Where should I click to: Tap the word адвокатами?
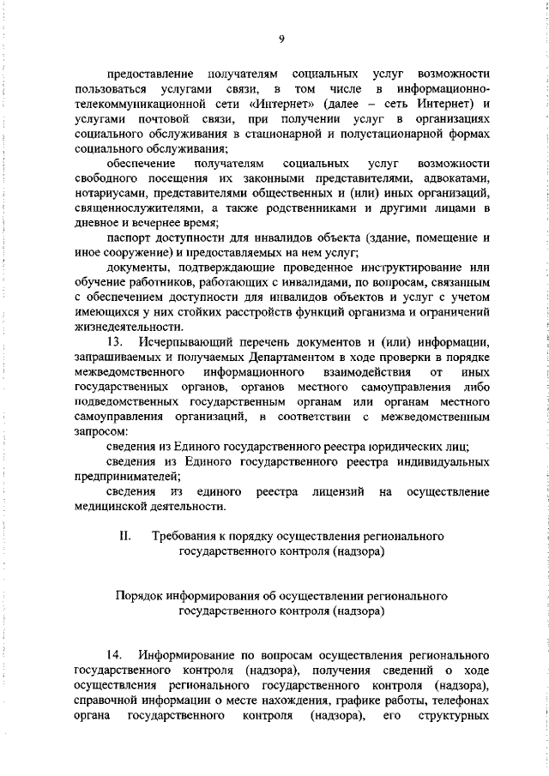459,177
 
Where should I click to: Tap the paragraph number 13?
115,342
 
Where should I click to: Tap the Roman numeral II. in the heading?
124,536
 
